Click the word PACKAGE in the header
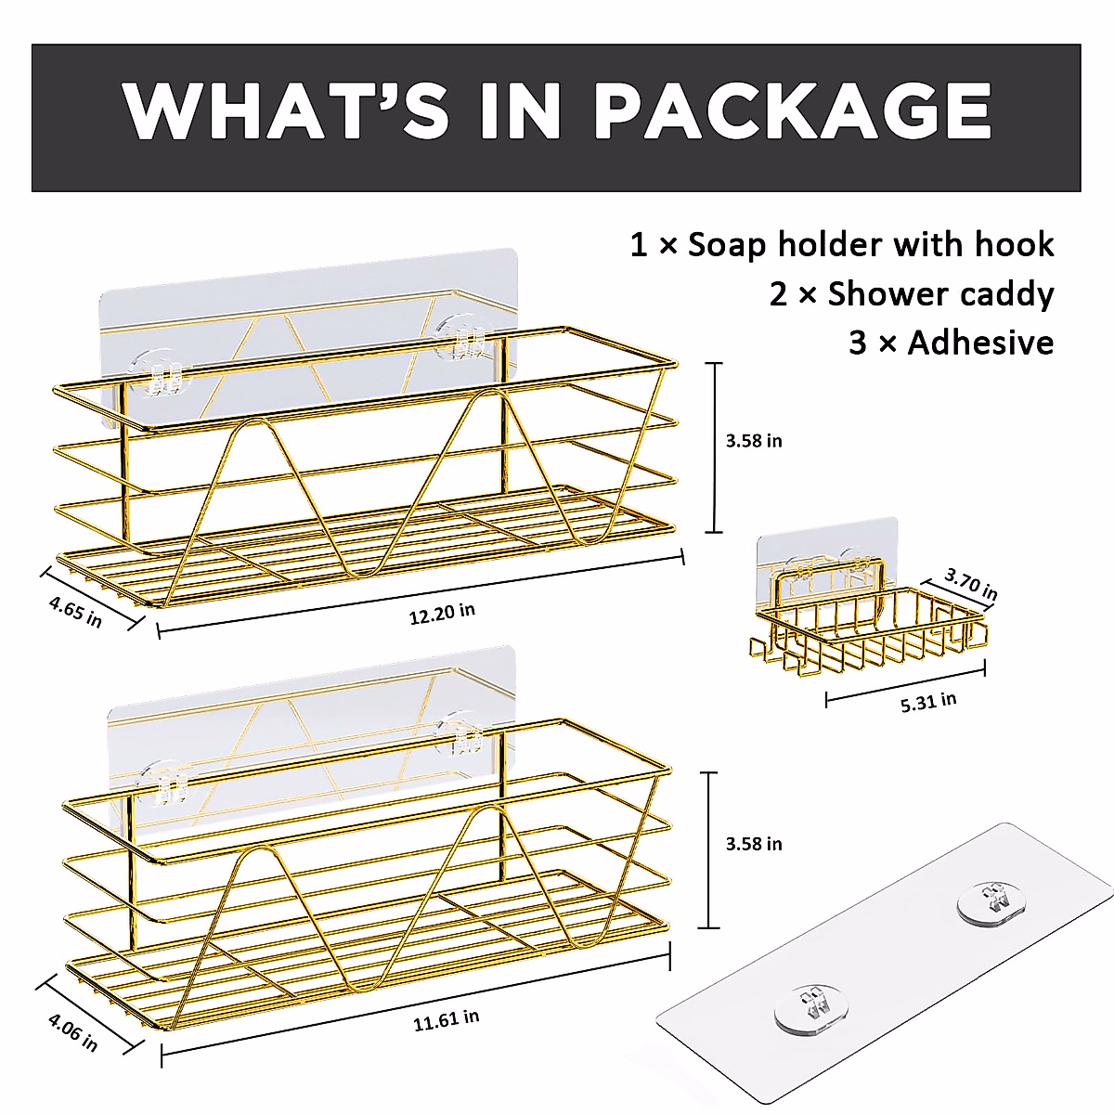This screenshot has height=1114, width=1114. [793, 110]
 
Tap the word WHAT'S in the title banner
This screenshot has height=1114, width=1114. [284, 110]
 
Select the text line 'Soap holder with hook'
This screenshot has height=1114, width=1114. [871, 245]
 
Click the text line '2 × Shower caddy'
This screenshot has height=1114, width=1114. [912, 294]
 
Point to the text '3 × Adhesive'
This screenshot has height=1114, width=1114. [951, 343]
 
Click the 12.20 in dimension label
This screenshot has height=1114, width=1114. [442, 613]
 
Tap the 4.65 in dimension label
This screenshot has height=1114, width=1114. [75, 612]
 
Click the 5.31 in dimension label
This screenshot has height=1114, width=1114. [928, 703]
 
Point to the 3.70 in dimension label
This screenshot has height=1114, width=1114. [971, 584]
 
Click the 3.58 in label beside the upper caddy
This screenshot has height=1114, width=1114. [754, 441]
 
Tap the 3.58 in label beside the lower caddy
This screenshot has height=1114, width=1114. [754, 844]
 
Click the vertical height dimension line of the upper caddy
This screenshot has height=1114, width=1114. [714, 447]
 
